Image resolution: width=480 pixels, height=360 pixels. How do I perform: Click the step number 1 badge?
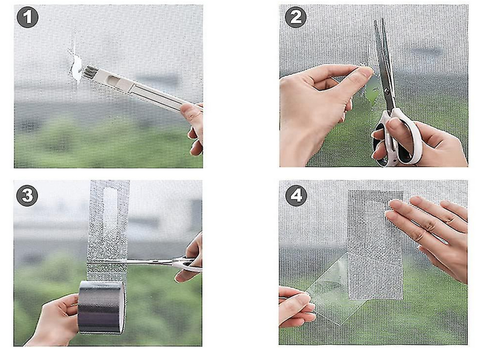(x=27, y=18)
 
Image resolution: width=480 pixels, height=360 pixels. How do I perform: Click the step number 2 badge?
(x=295, y=18)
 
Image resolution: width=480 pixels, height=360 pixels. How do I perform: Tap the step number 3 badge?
(x=27, y=195)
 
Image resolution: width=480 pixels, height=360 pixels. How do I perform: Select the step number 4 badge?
(x=296, y=195)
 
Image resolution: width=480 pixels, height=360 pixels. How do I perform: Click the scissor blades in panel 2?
(x=384, y=62)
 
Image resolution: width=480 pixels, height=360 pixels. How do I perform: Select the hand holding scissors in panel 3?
(x=192, y=259)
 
